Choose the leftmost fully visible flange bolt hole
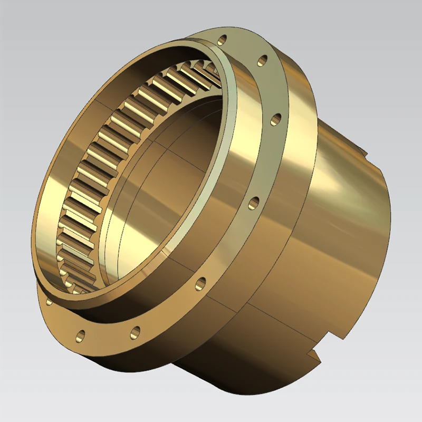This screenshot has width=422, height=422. point(81,334)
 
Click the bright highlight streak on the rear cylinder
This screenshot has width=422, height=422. point(338,179)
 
